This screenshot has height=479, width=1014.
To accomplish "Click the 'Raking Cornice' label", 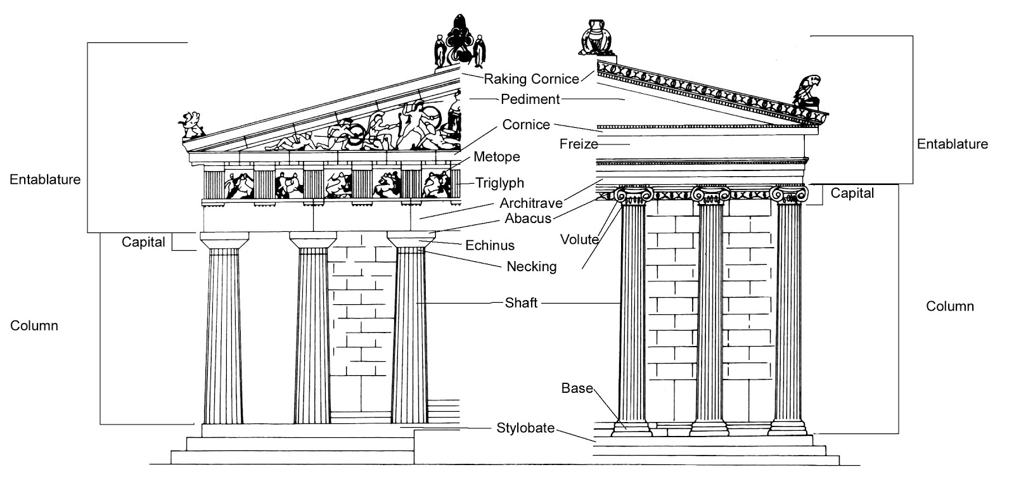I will (531, 79).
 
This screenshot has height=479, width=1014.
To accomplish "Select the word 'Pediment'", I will (530, 99).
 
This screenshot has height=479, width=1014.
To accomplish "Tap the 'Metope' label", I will (496, 157).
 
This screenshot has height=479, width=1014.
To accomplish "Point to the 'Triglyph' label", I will (500, 183).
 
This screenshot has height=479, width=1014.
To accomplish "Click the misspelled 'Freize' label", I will (579, 144).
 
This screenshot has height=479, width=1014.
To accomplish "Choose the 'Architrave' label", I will (531, 203).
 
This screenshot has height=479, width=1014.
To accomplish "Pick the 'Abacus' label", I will (528, 219).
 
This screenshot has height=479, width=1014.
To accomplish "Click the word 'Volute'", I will (579, 239).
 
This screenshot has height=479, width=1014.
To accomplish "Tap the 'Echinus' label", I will (490, 245).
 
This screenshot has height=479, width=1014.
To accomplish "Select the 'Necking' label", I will (531, 267).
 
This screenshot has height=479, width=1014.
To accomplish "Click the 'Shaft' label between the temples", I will (521, 303).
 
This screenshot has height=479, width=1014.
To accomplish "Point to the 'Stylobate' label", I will (525, 428).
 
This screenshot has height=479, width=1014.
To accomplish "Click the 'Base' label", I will (577, 388).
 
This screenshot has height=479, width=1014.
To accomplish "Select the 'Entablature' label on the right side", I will (952, 144).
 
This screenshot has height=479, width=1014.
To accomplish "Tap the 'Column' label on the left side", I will (34, 326).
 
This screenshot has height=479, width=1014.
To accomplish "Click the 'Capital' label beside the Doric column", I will (143, 242).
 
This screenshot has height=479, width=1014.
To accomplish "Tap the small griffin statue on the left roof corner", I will (191, 125).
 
